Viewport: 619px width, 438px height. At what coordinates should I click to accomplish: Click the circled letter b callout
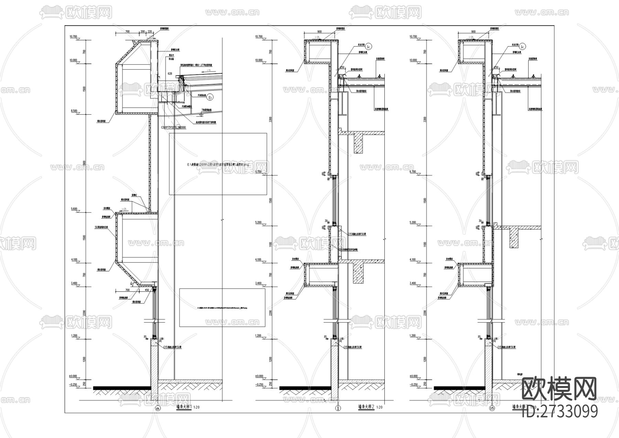210,97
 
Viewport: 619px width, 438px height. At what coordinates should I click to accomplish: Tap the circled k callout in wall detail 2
368,46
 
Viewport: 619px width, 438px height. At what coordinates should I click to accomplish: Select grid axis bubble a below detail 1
158,408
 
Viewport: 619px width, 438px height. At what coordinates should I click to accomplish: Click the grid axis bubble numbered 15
492,408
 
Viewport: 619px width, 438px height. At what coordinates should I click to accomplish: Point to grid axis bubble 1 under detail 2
338,408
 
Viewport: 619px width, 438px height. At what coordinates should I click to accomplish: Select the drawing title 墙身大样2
366,407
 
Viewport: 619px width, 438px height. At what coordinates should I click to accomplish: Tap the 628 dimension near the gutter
170,74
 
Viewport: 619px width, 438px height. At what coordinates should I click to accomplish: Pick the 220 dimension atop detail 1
150,31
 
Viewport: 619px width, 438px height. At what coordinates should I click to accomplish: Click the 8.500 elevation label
74,111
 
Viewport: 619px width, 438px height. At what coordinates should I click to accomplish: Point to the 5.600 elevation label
74,209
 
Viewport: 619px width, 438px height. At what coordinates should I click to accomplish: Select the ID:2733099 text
560,411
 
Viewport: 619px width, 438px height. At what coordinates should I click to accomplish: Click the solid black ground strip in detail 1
122,388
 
